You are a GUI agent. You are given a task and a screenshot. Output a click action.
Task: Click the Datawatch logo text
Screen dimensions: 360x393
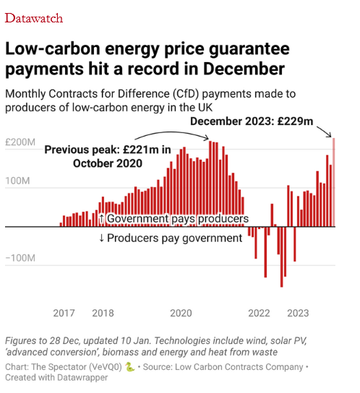[34, 18]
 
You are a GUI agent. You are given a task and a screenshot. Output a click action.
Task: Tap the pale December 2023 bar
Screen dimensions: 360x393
[334, 182]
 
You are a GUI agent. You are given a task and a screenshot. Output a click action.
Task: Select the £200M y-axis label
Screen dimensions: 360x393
[20, 142]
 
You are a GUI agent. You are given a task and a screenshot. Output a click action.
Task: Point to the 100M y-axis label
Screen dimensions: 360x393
[17, 181]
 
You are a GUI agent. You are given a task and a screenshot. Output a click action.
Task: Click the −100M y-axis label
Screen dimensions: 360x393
[20, 258]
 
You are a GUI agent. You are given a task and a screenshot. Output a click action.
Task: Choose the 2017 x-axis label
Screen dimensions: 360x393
[64, 313]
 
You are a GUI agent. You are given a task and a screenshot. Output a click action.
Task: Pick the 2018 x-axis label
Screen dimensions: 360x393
[103, 313]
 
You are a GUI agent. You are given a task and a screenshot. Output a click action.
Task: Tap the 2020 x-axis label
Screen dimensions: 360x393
[181, 313]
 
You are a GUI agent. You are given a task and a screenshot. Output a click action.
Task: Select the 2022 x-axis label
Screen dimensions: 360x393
[259, 313]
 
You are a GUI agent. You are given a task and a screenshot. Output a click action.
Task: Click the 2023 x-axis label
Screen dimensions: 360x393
[298, 313]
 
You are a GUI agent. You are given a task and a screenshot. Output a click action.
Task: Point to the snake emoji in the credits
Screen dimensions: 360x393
[130, 367]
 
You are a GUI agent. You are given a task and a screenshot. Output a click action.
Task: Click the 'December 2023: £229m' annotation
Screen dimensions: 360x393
[252, 121]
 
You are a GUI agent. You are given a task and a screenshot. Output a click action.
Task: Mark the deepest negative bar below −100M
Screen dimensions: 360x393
[281, 256]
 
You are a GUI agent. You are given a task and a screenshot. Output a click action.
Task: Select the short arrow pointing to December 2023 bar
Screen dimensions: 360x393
[325, 131]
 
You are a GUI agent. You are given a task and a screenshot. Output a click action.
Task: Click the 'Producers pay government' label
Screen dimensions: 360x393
[171, 238]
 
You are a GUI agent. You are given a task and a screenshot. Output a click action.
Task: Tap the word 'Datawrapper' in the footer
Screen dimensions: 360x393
[82, 377]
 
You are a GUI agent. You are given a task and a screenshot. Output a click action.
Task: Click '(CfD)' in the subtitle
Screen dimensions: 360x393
[186, 94]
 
